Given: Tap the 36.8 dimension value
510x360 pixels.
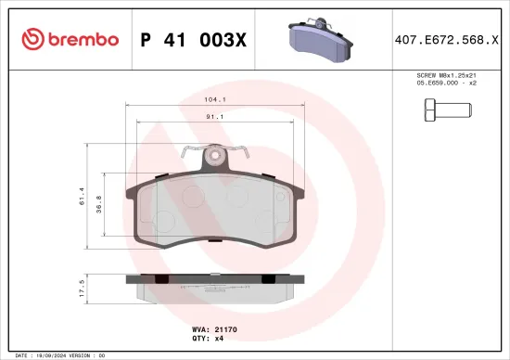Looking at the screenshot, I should click(99, 203).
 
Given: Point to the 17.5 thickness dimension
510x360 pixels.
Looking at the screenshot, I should click(83, 289).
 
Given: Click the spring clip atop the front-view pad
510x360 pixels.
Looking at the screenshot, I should click(218, 155).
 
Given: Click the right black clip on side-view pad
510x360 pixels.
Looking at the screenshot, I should click(266, 279).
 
